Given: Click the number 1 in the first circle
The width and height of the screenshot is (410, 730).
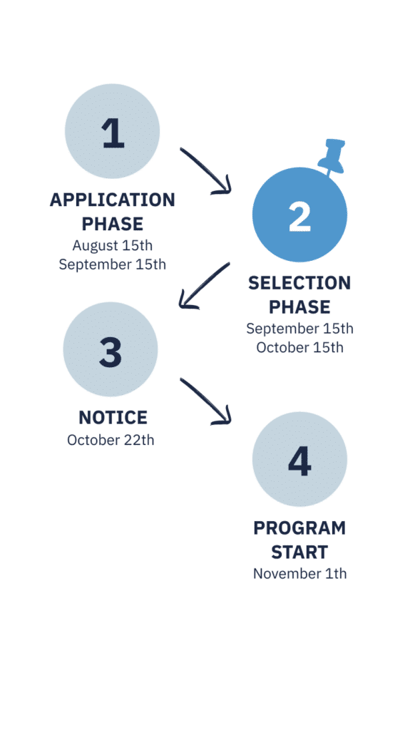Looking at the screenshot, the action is point(113,133).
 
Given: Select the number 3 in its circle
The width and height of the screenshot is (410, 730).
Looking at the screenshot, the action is point(111,351).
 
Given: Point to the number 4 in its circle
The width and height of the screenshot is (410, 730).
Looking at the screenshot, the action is point(299,461).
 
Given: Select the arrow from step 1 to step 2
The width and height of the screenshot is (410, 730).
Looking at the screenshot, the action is point(205,171).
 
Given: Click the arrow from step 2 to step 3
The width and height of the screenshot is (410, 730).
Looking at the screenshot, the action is point(204,285).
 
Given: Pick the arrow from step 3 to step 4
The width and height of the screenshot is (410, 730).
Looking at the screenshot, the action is point(205,401).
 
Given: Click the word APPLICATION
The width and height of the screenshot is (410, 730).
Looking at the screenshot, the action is point(112,200).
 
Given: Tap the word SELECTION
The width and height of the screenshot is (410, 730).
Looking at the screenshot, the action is point(299,283).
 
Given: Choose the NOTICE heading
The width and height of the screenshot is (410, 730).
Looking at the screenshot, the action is point(113,417).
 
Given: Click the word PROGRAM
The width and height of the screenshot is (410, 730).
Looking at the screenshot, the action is point(299,528).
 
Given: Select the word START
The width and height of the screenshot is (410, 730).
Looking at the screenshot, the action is point(299,552).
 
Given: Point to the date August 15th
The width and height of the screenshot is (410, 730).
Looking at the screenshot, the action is point(112,245).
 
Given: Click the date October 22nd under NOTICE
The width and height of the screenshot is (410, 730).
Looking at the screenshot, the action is point(111,440).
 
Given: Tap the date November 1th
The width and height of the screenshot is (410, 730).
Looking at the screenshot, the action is point(299,573).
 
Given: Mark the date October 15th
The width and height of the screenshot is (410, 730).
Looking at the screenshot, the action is point(299,347).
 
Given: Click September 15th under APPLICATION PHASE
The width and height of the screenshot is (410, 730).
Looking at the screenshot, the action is point(112,265).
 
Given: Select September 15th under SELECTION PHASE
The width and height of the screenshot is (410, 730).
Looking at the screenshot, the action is point(299,329).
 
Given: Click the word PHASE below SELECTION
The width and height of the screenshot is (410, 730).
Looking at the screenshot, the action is point(299,307).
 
